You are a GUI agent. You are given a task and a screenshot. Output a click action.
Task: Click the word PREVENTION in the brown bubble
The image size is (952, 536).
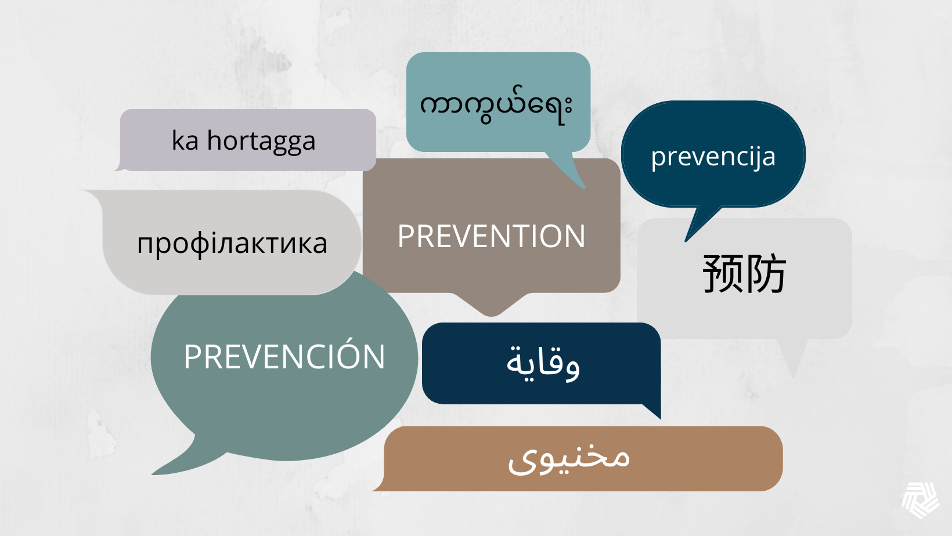click(x=491, y=237)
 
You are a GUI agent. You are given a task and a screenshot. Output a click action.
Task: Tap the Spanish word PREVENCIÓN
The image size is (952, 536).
click(x=284, y=356)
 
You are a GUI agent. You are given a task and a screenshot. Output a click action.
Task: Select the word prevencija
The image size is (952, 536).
click(x=713, y=157)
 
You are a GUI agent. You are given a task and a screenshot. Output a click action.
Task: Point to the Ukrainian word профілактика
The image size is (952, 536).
click(x=232, y=244)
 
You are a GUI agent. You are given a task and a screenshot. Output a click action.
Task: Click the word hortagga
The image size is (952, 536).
click(x=261, y=141)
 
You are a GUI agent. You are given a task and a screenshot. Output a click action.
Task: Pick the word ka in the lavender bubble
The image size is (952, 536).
click(x=185, y=141)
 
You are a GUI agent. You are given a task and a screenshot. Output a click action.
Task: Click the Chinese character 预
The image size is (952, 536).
click(x=723, y=273)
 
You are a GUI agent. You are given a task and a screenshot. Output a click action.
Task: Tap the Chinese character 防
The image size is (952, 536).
click(x=766, y=273)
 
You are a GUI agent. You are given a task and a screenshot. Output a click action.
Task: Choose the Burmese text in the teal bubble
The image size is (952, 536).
click(x=496, y=106)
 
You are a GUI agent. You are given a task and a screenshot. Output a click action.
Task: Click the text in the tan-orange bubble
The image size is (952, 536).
click(x=569, y=458)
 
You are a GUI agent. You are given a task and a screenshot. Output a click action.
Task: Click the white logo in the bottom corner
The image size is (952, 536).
click(x=920, y=499)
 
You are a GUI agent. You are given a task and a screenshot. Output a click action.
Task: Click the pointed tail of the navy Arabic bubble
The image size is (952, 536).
click(x=653, y=410)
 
